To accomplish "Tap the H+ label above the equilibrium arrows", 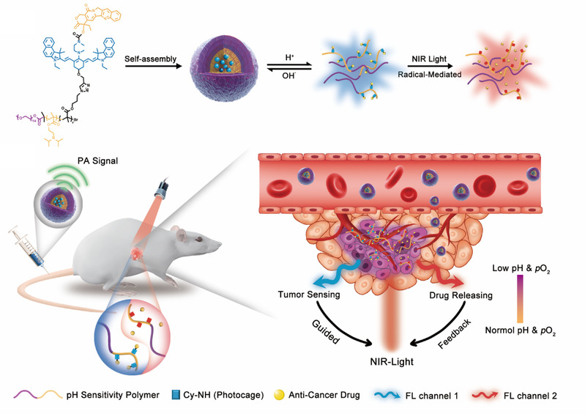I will (291, 54).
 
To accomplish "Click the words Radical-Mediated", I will (432, 75).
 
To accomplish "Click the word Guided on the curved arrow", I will (316, 322).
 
